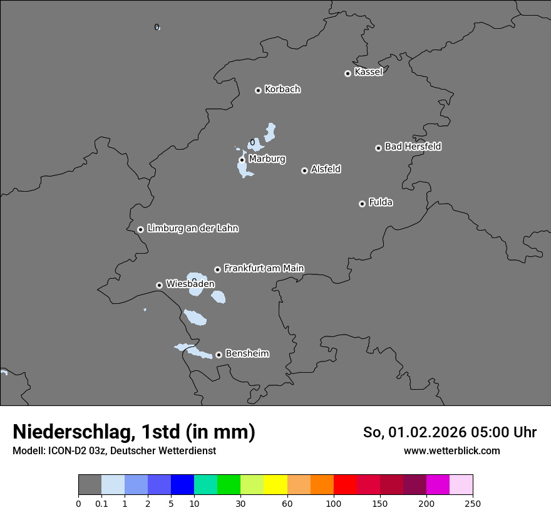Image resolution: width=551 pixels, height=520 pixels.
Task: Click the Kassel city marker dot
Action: coord(348,73)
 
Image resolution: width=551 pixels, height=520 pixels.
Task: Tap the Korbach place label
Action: coord(282,90)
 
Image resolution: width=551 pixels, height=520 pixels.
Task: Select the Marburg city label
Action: coord(267,159)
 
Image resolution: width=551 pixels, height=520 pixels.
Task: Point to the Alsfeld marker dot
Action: coord(304,170)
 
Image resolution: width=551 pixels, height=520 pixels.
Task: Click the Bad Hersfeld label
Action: coord(413,147)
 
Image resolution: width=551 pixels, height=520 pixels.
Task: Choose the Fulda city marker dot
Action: coord(362,204)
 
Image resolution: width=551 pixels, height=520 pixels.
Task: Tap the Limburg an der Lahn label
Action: coord(192,229)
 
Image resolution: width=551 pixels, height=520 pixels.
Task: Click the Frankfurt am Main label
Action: coord(264,268)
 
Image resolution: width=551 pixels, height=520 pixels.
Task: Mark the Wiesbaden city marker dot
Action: coord(159,285)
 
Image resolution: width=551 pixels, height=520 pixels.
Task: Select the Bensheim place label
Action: coord(247,353)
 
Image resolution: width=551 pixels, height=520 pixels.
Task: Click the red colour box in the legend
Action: coord(345,485)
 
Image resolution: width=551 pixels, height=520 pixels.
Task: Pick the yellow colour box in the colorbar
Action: coord(275,485)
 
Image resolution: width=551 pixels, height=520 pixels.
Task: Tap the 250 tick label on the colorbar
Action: coord(473,504)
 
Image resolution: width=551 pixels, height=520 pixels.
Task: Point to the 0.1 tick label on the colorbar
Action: coord(101,504)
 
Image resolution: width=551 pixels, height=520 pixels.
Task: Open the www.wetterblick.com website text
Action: coord(451,450)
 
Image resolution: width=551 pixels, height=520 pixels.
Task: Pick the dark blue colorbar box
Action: coord(182,485)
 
